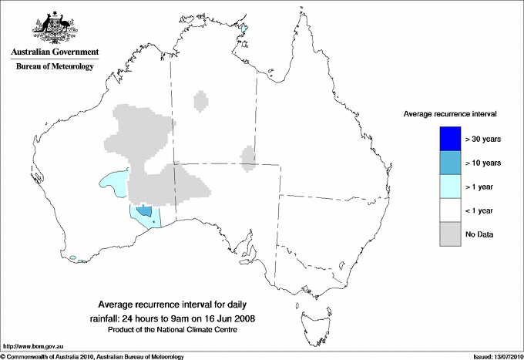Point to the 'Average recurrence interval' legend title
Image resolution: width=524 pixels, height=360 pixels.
click(x=450, y=113)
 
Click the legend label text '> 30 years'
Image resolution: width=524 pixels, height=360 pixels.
click(x=483, y=140)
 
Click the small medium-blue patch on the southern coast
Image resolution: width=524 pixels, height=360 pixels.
click(x=143, y=211)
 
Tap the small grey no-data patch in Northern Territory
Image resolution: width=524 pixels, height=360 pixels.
click(x=201, y=101)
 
